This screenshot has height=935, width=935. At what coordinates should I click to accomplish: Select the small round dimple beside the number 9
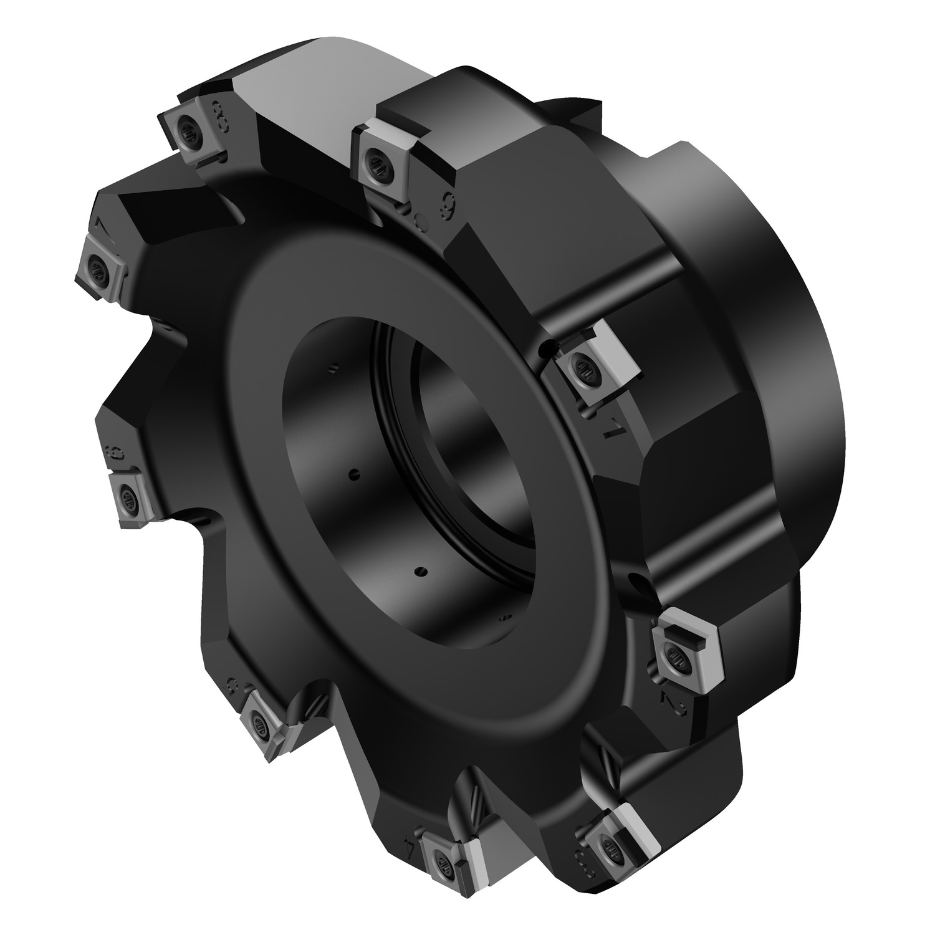421,219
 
